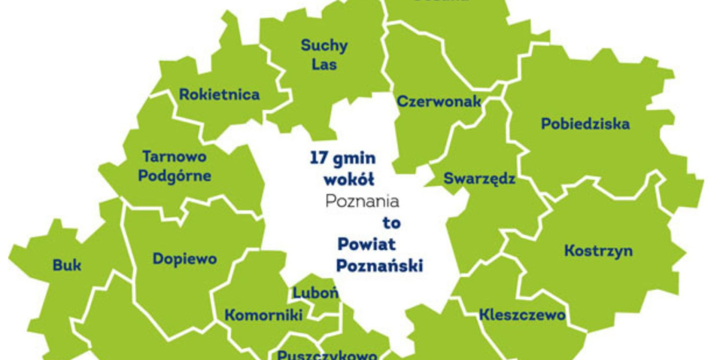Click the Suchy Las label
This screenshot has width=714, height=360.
[x=324, y=54]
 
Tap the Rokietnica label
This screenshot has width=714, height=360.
[x=219, y=94]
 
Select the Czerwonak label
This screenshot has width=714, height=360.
[x=439, y=102]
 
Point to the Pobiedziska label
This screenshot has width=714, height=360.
[x=585, y=123]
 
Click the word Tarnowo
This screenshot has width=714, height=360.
[x=174, y=156]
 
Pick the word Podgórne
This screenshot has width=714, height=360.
[x=174, y=175]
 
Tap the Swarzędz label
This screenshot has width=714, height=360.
[x=479, y=179]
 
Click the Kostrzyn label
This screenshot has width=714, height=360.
[x=598, y=250]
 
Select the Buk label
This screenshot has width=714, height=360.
[x=67, y=265]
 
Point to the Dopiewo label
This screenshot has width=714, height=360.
[x=184, y=259]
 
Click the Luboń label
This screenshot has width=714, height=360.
[x=316, y=293]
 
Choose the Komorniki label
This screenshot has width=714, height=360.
[x=263, y=315]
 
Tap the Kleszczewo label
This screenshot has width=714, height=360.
[x=522, y=314]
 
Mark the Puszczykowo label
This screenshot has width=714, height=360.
[x=327, y=354]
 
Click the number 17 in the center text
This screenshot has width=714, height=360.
[x=319, y=158]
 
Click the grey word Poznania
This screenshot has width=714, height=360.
[x=362, y=201]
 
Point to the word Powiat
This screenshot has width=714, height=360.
[x=367, y=245]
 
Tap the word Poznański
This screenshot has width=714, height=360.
[x=379, y=266]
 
